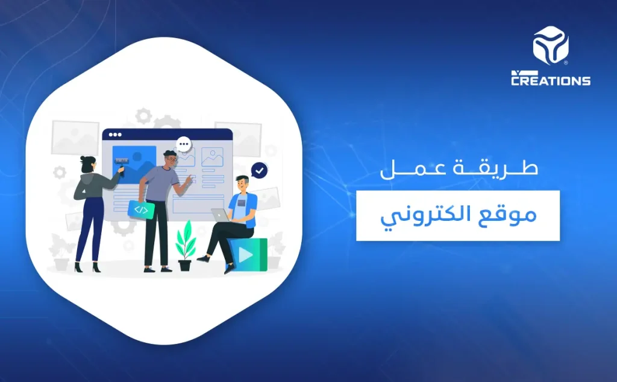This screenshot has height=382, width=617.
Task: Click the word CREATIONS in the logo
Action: [551, 80]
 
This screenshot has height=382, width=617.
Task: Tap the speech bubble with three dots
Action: [184, 145]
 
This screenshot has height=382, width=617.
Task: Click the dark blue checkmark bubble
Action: [260, 171]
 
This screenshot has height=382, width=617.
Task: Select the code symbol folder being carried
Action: [141, 209]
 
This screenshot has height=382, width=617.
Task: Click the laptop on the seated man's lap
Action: [220, 215]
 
